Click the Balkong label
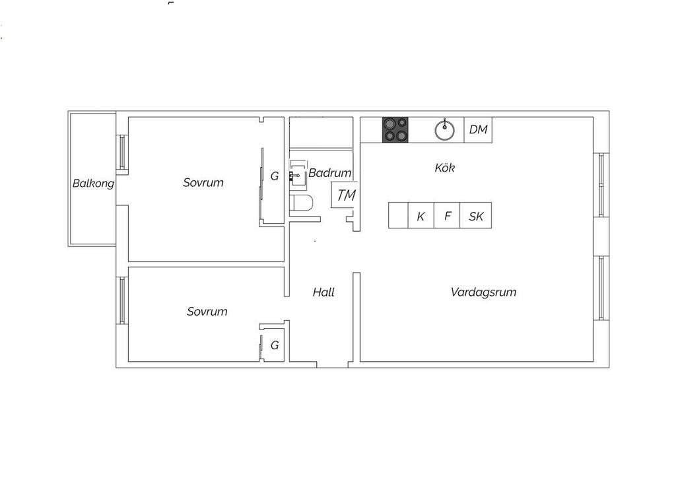(x=93, y=183)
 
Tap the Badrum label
(x=330, y=173)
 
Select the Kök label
(x=444, y=167)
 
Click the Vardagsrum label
(x=483, y=292)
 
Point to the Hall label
(x=323, y=292)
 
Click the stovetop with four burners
(x=395, y=130)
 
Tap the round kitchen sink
(x=444, y=130)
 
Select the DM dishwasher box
(x=478, y=130)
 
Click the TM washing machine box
(x=343, y=195)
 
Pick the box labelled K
(x=421, y=215)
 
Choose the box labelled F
(x=447, y=215)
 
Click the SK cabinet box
(x=476, y=215)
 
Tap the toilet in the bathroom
(x=301, y=203)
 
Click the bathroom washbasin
(x=298, y=174)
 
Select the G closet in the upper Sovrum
(x=273, y=186)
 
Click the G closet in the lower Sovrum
(x=273, y=345)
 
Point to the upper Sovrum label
(x=203, y=182)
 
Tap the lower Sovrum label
(x=207, y=311)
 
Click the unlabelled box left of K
(x=398, y=215)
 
